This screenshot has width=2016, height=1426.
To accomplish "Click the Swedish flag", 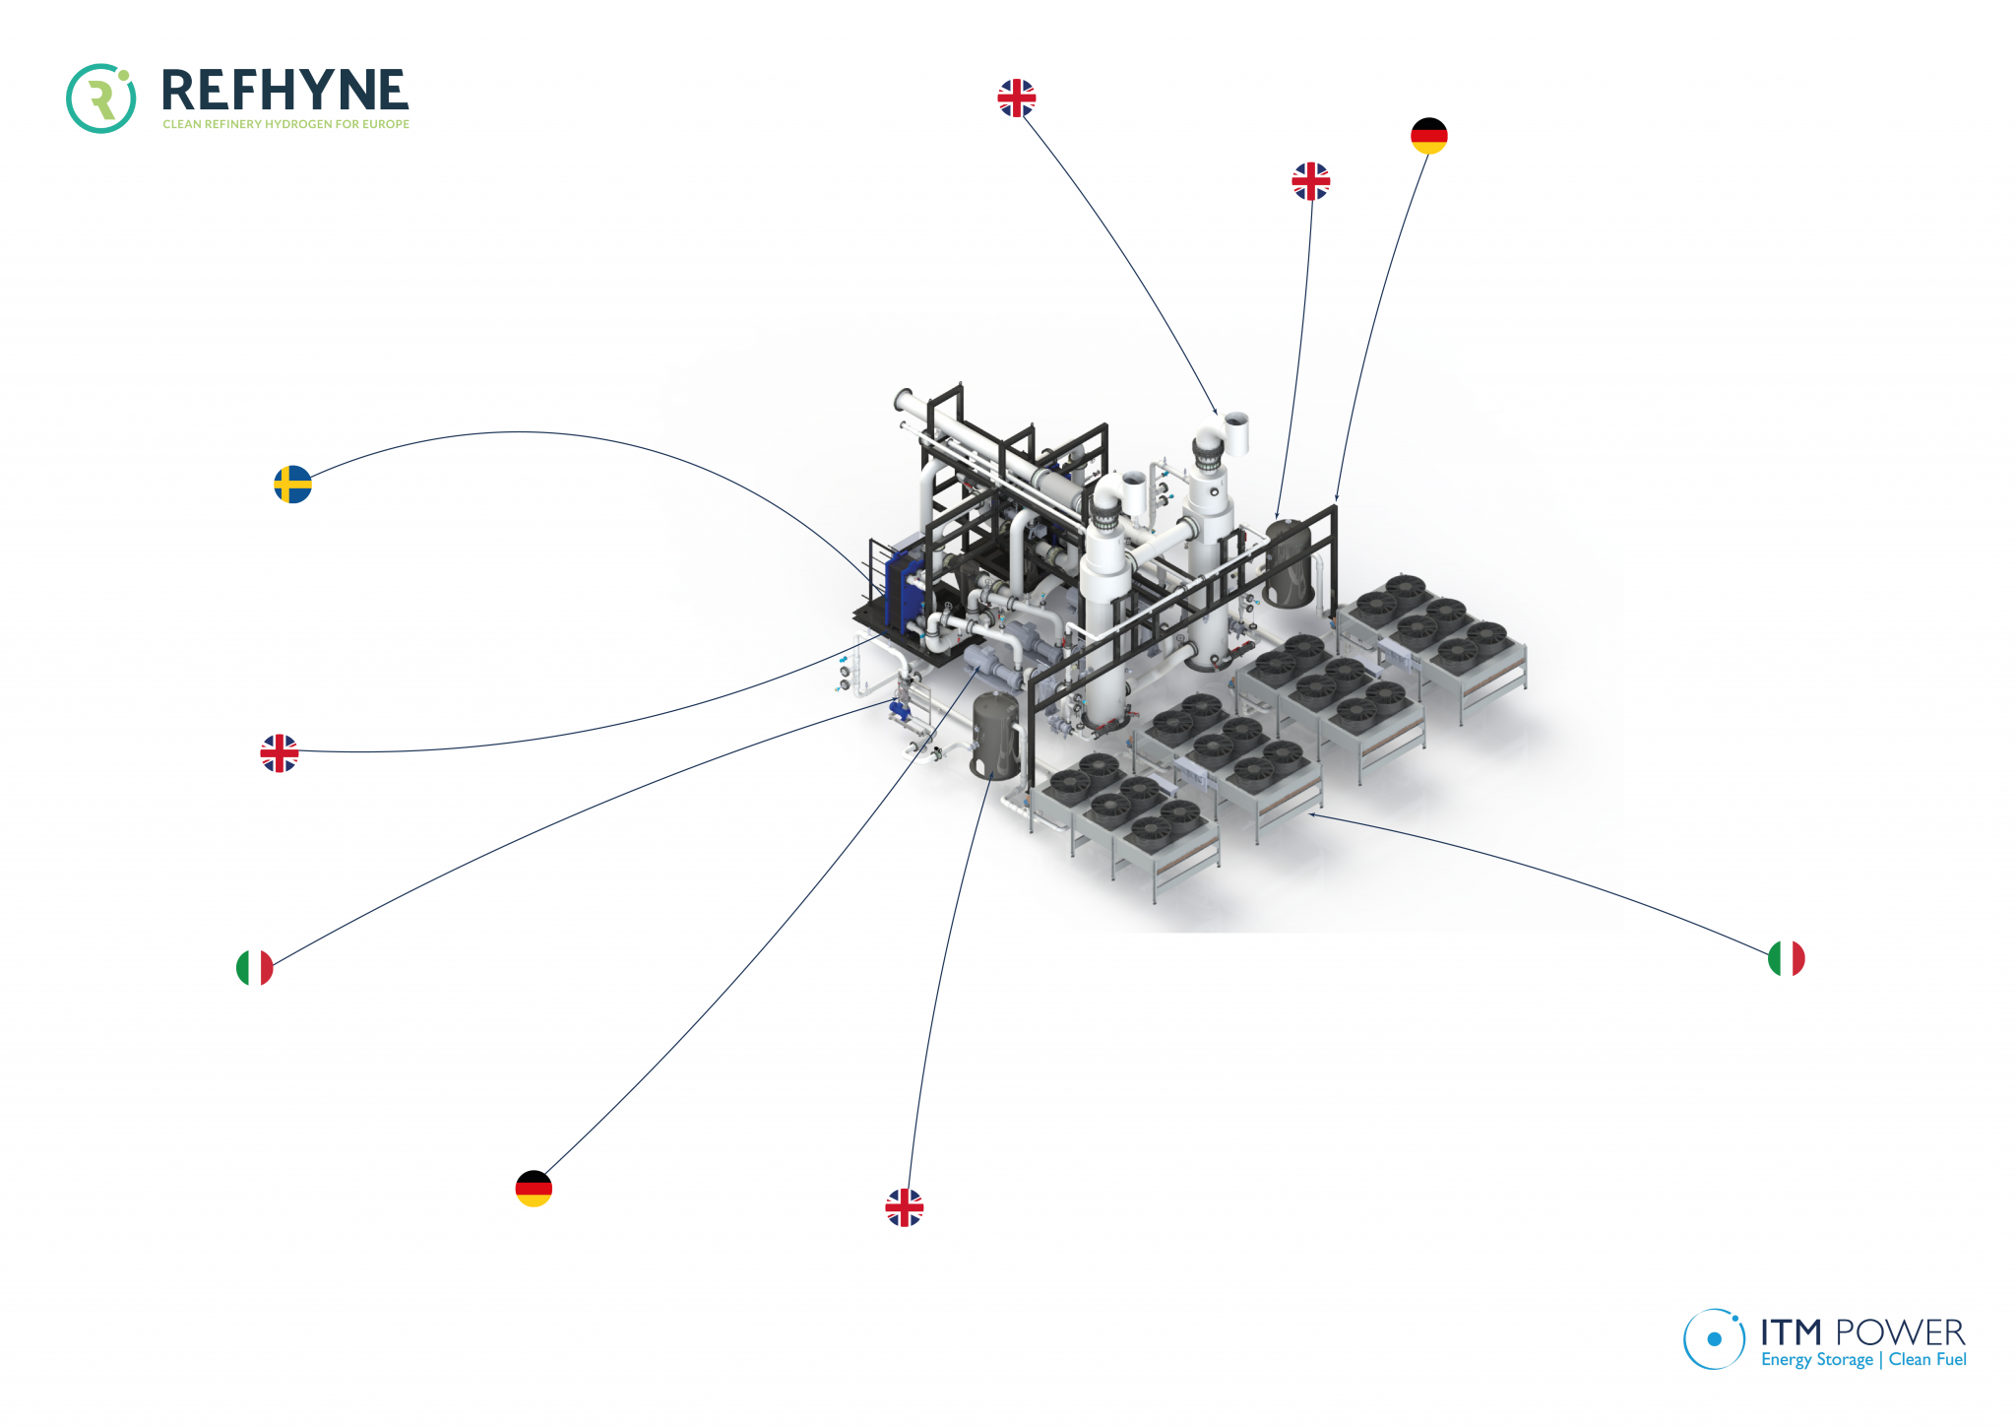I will [x=292, y=485].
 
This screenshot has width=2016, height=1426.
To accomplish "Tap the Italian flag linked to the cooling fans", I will [x=1786, y=958].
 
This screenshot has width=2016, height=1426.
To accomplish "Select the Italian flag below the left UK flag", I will [x=255, y=968].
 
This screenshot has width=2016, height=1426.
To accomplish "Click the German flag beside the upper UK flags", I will [x=1428, y=136].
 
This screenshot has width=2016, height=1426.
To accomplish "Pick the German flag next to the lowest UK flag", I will [x=534, y=1189].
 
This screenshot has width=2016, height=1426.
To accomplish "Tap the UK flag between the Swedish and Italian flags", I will [x=280, y=753].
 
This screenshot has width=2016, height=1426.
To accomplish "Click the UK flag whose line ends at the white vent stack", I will [x=1016, y=98].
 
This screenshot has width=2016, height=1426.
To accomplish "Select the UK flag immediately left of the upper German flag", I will [x=1310, y=181].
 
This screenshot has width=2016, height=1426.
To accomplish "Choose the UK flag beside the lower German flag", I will [x=904, y=1207].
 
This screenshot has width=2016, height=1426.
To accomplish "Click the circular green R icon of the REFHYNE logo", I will [x=100, y=98].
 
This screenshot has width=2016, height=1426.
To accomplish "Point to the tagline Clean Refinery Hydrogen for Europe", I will [x=285, y=124].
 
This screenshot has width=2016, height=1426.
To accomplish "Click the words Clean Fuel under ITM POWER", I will [x=1926, y=1360].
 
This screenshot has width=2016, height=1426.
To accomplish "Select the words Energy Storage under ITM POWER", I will [x=1816, y=1360].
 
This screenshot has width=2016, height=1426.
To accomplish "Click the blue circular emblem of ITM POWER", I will [x=1714, y=1338].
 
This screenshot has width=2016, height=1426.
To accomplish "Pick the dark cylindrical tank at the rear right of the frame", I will [x=1289, y=563].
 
